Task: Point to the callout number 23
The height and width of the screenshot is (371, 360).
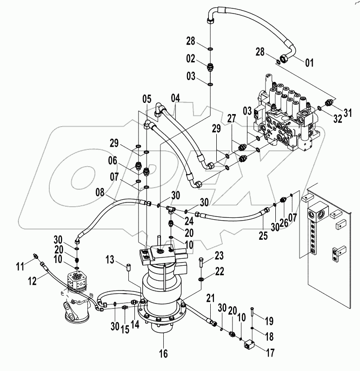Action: (219, 255)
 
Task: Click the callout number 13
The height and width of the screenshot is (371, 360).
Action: (110, 259)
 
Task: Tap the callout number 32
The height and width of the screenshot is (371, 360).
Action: (337, 118)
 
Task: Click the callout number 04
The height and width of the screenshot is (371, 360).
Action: (175, 99)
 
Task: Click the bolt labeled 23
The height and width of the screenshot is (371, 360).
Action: (200, 263)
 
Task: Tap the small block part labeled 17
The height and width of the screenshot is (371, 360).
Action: (249, 345)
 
